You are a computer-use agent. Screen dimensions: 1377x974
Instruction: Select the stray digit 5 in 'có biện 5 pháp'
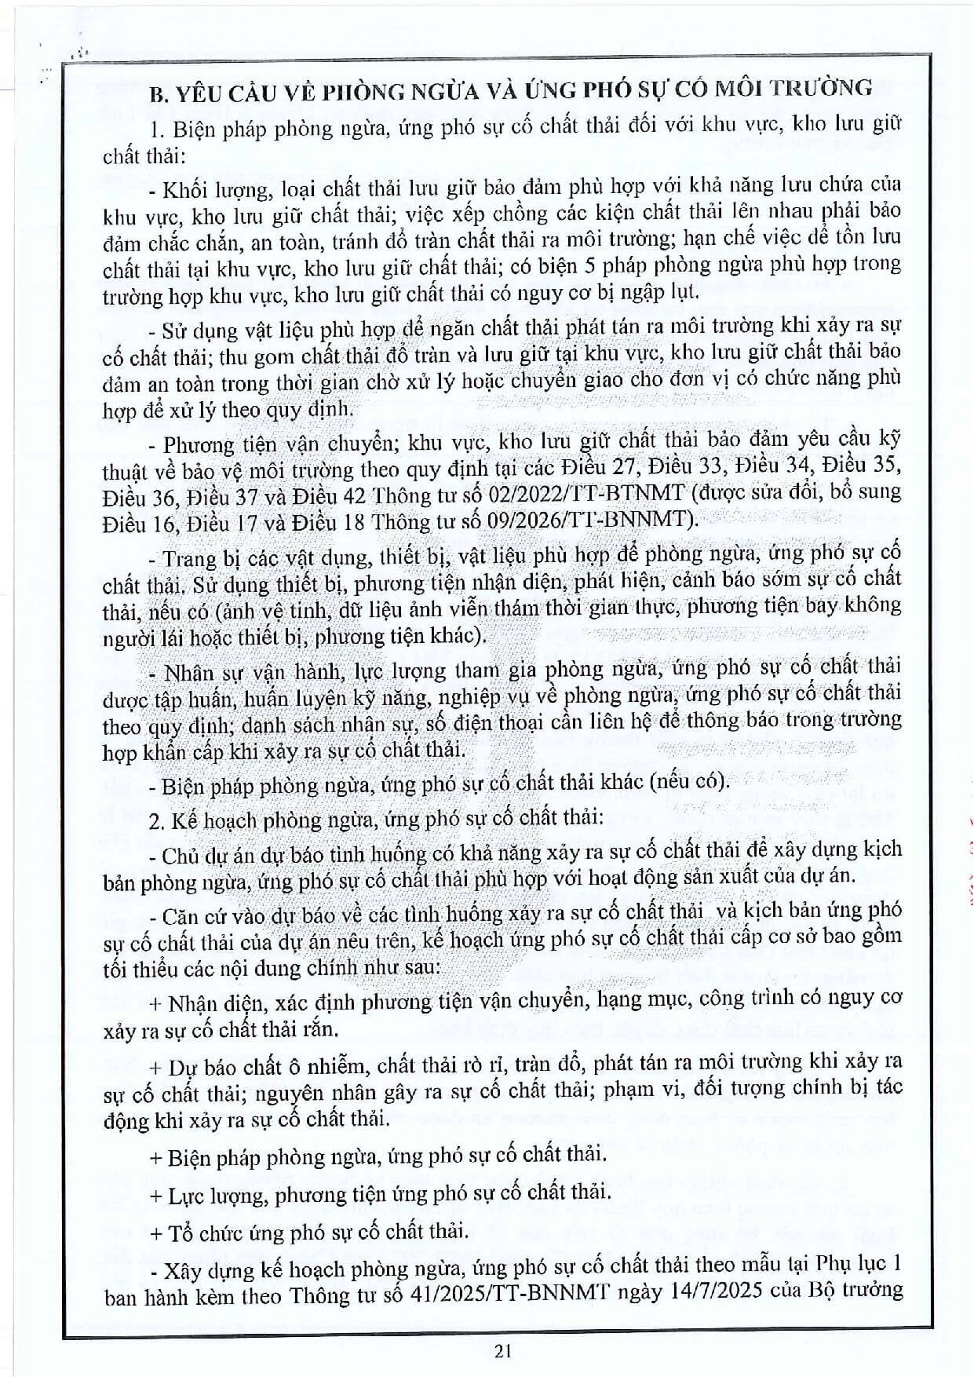click(x=590, y=265)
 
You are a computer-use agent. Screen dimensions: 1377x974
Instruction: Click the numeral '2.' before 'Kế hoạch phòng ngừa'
click(x=156, y=820)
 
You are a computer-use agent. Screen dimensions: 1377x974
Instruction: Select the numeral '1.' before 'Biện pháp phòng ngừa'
click(x=155, y=128)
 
